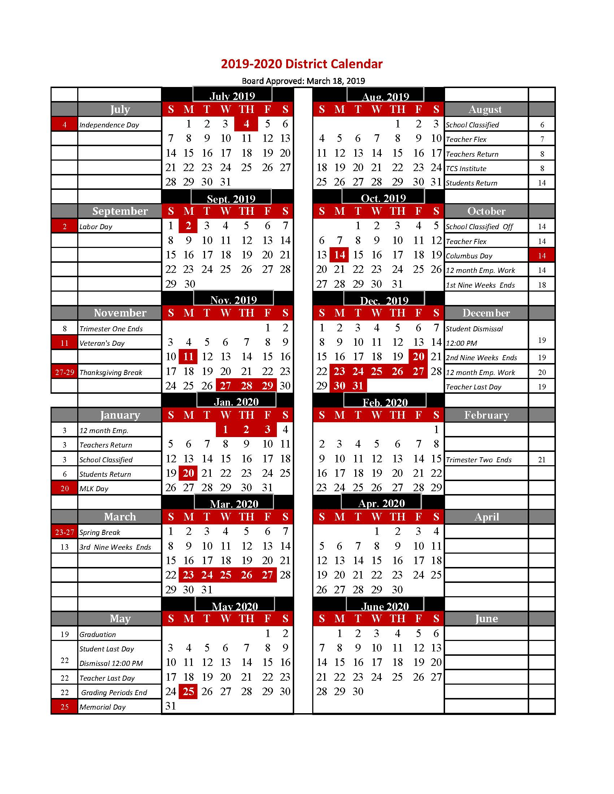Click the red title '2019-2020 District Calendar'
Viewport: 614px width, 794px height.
301,64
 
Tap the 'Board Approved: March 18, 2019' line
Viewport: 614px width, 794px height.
303,81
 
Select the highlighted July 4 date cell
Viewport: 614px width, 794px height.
246,124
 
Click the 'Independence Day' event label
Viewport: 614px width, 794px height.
109,125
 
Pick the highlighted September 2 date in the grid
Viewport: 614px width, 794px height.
188,226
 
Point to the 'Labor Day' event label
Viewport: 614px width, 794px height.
96,227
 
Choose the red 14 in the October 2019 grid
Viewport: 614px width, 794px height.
339,255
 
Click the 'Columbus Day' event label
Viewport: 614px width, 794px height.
469,256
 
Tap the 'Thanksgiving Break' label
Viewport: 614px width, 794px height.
110,372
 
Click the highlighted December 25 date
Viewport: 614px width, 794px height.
376,371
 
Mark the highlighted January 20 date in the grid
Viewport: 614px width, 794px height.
188,473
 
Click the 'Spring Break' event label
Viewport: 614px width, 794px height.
100,532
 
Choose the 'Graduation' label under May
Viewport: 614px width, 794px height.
97,634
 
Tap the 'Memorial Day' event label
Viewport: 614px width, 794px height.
102,707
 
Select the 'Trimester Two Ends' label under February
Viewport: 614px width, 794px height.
478,460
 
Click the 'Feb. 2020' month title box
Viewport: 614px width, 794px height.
385,402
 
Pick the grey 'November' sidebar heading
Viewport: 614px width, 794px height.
119,313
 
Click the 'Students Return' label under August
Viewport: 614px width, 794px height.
471,183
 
